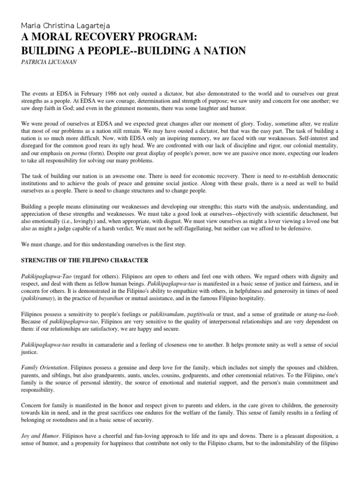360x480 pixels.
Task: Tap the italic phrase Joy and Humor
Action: coord(39,435)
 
